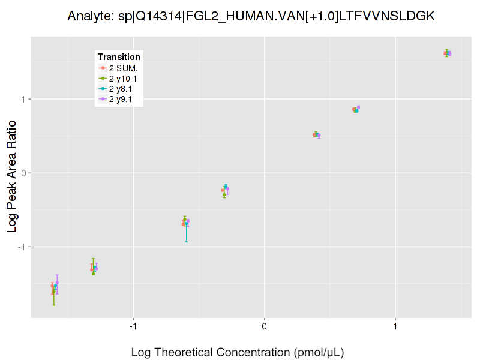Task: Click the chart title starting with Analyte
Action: (x=251, y=16)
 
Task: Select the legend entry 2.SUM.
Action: (x=122, y=68)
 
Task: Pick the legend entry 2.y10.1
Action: (x=124, y=78)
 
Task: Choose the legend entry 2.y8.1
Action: (x=122, y=89)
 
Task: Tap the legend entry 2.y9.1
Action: (x=122, y=99)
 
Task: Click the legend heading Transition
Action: (x=119, y=57)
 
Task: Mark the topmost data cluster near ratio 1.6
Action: (x=447, y=53)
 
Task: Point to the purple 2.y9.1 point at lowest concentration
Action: (x=57, y=283)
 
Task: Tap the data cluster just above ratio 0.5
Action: (x=316, y=135)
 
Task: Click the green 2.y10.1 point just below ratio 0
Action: (x=224, y=194)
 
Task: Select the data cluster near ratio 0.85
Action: (x=356, y=109)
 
